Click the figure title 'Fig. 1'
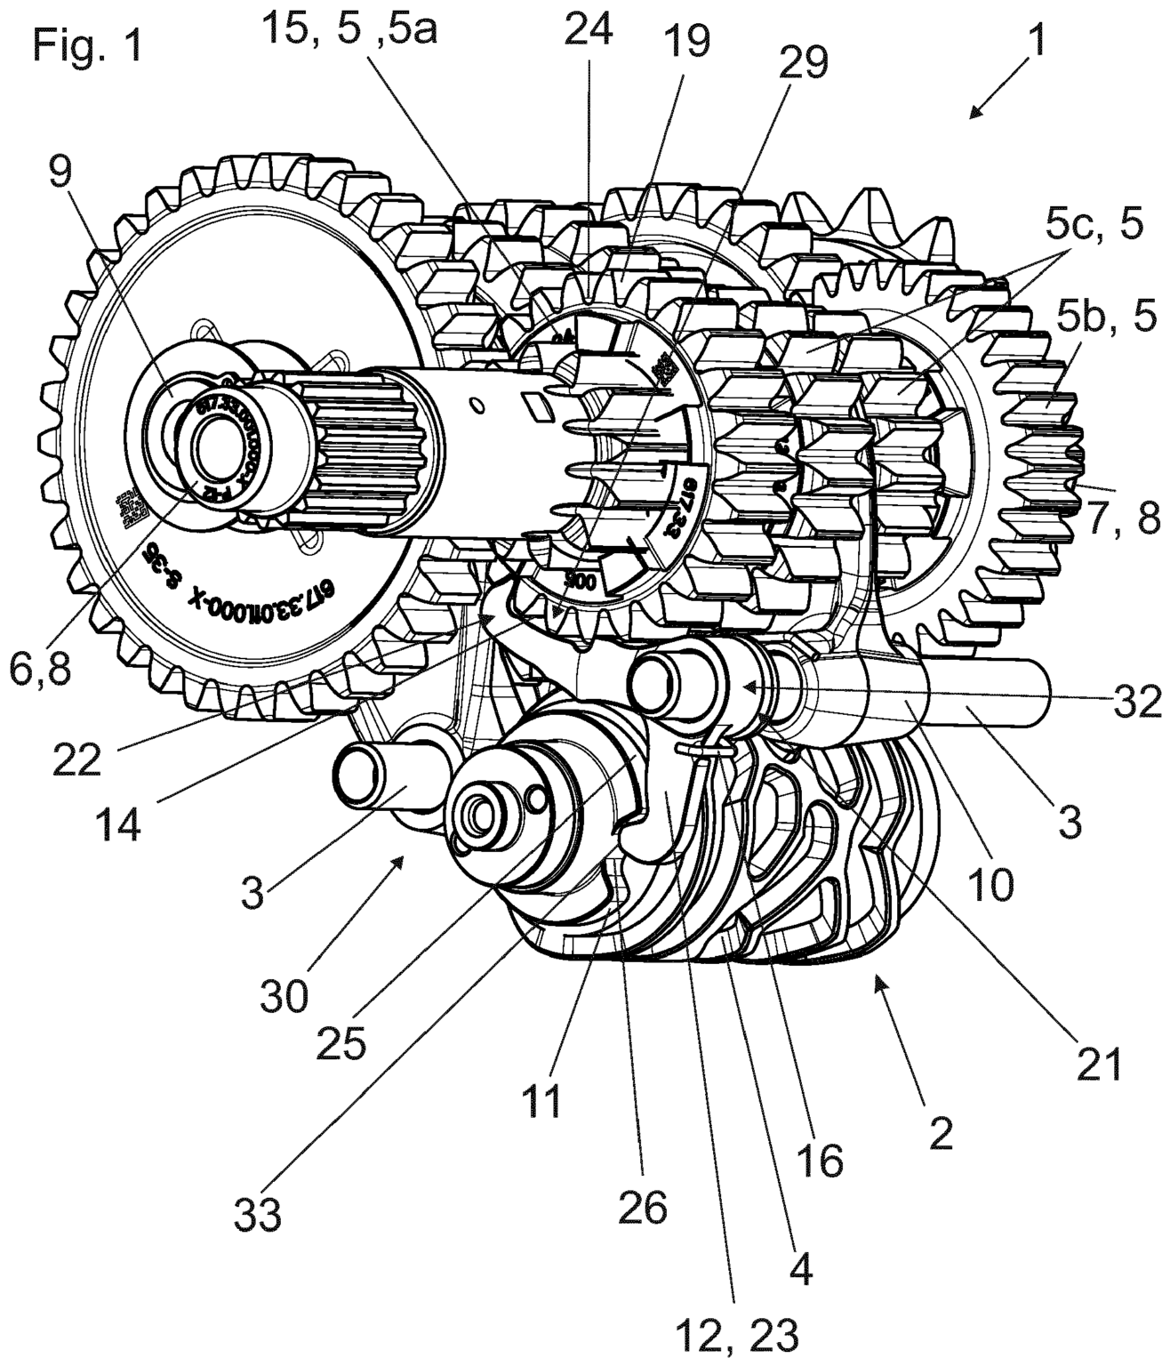[x=87, y=44]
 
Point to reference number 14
[x=118, y=824]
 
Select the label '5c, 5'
[x=1094, y=226]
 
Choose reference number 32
[x=1131, y=703]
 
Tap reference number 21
[x=1100, y=1064]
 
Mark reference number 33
[x=258, y=1214]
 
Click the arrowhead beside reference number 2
[x=880, y=981]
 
